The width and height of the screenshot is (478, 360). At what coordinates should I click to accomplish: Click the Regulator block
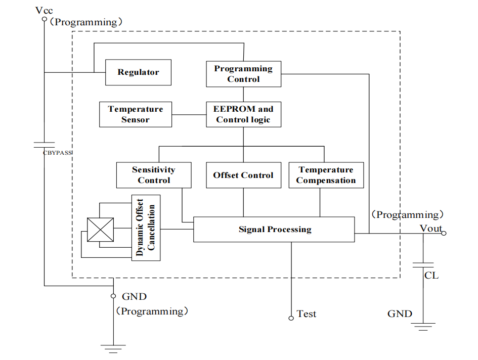pos(138,72)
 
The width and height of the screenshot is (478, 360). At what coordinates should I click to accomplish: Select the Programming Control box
pos(243,74)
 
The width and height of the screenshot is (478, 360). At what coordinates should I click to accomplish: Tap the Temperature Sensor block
pos(136,114)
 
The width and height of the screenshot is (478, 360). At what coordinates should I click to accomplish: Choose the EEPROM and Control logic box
pos(243,114)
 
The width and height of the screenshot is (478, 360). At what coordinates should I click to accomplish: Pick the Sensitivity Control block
pos(154,175)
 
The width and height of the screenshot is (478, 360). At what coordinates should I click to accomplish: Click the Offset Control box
pos(243,175)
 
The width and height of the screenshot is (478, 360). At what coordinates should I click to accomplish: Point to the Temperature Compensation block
pos(326,175)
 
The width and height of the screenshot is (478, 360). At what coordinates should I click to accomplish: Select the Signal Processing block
pos(274,230)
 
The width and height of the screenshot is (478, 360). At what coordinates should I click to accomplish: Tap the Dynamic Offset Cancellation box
pos(146,228)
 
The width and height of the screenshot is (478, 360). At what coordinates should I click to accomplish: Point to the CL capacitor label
pos(431,276)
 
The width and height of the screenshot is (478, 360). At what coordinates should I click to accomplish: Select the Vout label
pos(430,229)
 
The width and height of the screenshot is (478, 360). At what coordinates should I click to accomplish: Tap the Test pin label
pos(307,314)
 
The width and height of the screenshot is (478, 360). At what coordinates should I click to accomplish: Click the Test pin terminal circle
pos(291,318)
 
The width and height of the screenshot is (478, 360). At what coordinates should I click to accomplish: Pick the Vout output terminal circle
pos(444,233)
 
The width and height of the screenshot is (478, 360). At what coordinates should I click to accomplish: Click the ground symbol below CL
pos(423,326)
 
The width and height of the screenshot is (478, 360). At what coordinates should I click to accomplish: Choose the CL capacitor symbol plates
pos(423,264)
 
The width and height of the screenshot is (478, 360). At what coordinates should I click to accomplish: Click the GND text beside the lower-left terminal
pos(135,297)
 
